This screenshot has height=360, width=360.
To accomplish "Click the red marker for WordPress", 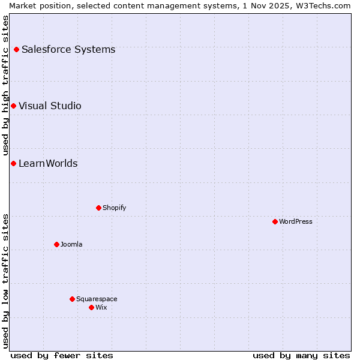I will [x=275, y=221].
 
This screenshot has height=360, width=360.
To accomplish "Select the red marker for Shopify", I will [x=98, y=208].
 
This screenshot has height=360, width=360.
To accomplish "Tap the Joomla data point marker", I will [x=56, y=244].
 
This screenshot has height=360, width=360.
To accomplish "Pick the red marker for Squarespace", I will [x=72, y=299].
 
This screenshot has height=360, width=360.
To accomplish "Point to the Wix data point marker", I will [x=91, y=307].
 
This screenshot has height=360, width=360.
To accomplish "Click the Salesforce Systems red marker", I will [x=16, y=49].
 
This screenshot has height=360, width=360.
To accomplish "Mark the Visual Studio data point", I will [x=13, y=106].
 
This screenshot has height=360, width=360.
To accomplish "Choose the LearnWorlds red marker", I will [x=13, y=163].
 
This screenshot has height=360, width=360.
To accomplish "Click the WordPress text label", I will [x=296, y=221].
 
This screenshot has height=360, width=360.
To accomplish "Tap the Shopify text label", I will [x=114, y=208].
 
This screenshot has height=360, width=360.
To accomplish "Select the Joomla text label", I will [x=71, y=244].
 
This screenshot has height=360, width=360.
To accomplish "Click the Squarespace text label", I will [x=97, y=299].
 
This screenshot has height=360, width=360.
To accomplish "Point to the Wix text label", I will [x=101, y=307].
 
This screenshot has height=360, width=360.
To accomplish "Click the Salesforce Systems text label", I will [x=68, y=49].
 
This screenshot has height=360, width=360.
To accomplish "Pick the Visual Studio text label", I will [x=50, y=106].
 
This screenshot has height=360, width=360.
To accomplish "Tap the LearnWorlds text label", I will [x=48, y=163].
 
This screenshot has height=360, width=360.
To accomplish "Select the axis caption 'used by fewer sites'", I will [x=62, y=355].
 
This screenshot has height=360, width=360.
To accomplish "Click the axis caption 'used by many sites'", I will [x=301, y=355].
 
